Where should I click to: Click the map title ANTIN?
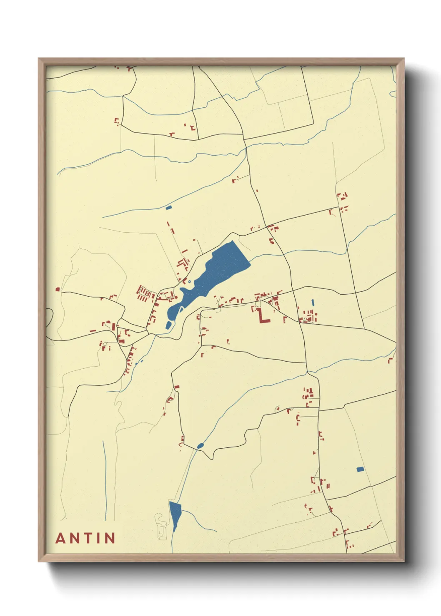pos(85,538)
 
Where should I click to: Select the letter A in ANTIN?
pos(60,538)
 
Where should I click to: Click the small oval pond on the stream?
pos(200,446)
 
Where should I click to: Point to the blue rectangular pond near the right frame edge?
pos(360,469)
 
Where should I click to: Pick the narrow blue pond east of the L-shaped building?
pos(313,303)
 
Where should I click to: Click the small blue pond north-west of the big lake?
pos(169,207)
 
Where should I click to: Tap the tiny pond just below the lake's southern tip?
pos(168,325)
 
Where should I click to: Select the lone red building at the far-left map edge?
pos(58,289)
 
